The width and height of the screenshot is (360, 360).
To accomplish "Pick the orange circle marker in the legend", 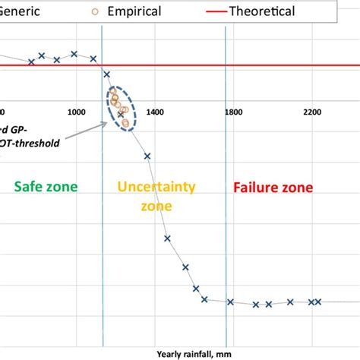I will click(116, 11).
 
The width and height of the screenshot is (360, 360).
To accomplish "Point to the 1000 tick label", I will click(76, 112).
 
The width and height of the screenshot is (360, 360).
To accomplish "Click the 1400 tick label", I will click(155, 112).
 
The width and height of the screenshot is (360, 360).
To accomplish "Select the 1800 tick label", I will click(234, 112).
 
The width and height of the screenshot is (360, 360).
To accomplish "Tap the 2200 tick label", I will click(312, 112).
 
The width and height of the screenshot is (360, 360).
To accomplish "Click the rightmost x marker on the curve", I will click(318, 302).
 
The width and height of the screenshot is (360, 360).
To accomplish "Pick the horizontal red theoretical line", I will click(228, 66).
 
